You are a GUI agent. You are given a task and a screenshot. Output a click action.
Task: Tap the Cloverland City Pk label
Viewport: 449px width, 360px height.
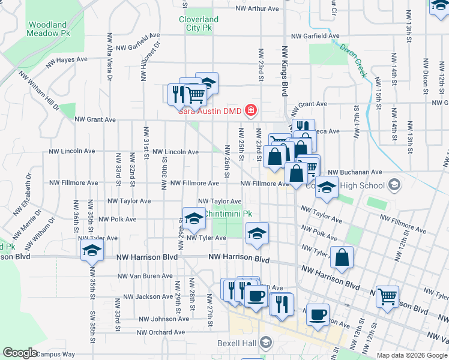pyautogui.click(x=199, y=23)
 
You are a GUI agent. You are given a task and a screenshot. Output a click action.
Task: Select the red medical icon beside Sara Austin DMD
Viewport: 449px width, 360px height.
pyautogui.click(x=250, y=111)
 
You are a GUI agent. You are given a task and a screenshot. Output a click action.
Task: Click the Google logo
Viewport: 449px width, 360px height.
pyautogui.click(x=20, y=353)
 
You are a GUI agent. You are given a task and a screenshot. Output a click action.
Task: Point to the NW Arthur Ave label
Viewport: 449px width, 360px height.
pyautogui.click(x=258, y=9)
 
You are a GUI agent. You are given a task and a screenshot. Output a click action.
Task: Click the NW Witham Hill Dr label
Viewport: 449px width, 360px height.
pyautogui.click(x=39, y=91)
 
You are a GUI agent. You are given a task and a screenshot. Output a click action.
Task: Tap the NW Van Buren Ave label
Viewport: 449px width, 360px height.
pyautogui.click(x=145, y=277)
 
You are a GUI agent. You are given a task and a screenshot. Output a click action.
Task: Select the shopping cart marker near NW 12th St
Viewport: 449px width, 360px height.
pyautogui.click(x=387, y=296)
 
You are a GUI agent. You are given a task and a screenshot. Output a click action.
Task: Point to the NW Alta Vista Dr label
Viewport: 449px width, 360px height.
pyautogui.click(x=109, y=56)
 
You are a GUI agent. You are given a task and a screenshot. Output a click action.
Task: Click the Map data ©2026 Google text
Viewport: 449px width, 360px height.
pyautogui.click(x=412, y=355)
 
